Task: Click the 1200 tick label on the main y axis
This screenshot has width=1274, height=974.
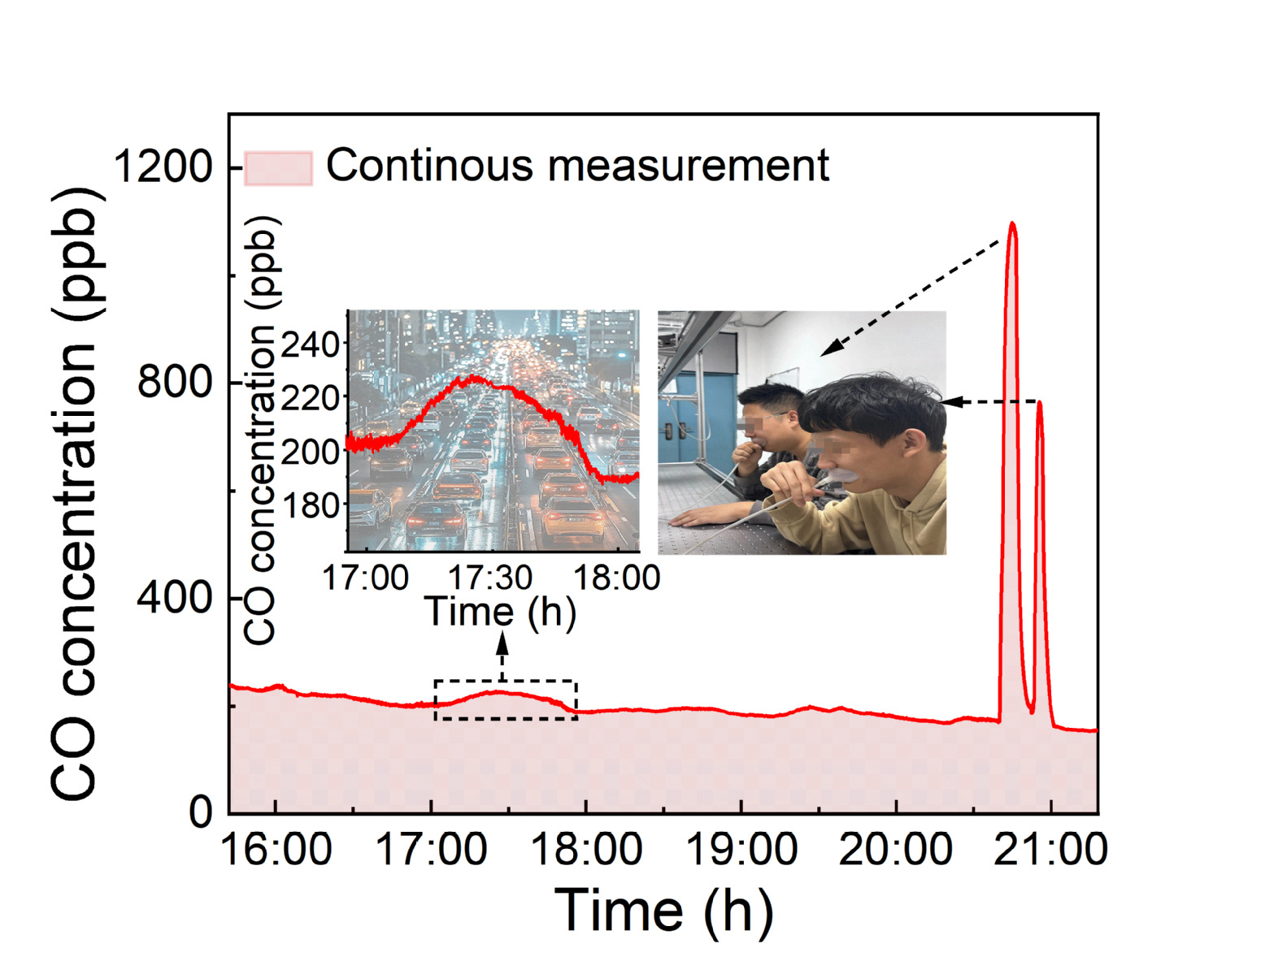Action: click(162, 167)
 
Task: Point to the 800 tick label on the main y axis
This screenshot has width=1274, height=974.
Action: click(174, 381)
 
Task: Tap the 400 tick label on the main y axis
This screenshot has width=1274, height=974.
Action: click(174, 598)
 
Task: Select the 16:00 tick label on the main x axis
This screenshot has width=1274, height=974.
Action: click(276, 850)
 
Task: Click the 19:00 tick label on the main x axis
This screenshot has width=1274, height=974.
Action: click(741, 850)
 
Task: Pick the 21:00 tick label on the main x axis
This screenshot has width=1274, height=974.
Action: click(1050, 850)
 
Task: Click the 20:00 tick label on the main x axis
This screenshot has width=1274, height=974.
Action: click(895, 850)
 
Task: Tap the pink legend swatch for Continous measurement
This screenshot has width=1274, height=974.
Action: click(279, 167)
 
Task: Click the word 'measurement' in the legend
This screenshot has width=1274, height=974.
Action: click(688, 166)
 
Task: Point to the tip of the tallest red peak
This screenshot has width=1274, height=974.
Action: click(1011, 223)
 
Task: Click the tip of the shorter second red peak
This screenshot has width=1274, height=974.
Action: click(1039, 403)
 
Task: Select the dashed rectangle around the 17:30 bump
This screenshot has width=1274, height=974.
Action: click(506, 699)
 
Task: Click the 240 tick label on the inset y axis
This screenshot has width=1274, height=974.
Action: click(309, 344)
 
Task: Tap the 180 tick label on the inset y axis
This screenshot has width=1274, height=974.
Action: click(309, 505)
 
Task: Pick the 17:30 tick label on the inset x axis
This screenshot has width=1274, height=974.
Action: click(490, 578)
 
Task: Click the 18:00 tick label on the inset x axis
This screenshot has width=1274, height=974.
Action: click(617, 578)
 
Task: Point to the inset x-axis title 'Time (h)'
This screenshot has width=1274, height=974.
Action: click(501, 612)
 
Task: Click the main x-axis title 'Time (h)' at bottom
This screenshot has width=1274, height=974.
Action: click(663, 910)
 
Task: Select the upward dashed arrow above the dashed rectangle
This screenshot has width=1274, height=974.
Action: click(502, 655)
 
